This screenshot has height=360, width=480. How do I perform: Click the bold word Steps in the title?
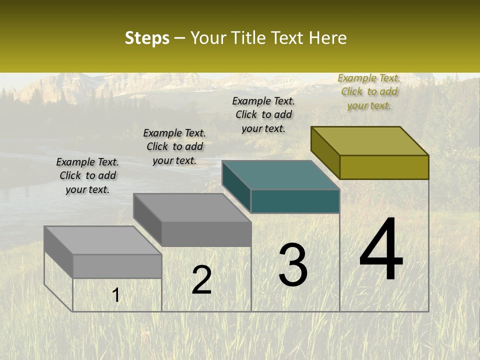[x=147, y=38]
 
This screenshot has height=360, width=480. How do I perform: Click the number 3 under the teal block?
[x=293, y=264]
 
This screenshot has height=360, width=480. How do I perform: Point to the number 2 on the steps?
[x=201, y=280]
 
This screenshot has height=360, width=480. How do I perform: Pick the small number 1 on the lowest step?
[x=116, y=295]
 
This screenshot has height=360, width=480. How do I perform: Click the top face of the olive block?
[x=370, y=141]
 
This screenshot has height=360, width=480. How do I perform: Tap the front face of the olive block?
[x=384, y=167]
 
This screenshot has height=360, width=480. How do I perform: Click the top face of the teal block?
[x=281, y=175]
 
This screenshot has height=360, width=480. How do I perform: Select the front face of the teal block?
[x=295, y=201]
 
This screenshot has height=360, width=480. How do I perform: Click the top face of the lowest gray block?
[x=103, y=240]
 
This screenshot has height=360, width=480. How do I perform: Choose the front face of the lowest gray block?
[x=117, y=266]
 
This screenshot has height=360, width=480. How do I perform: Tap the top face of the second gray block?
[x=192, y=207]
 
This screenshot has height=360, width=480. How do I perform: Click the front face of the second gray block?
[x=206, y=234]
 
